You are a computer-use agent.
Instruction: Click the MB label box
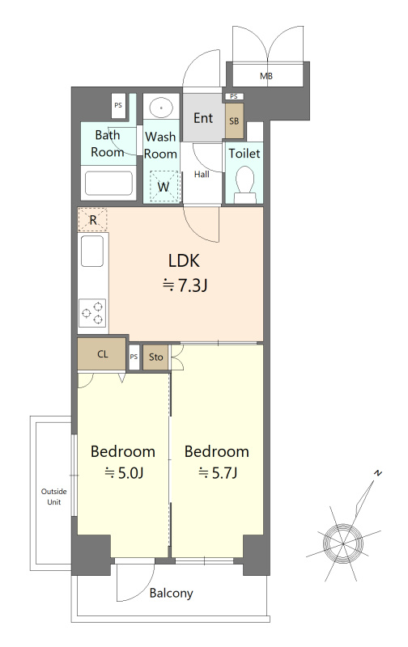click(266, 74)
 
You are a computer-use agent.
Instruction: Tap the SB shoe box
click(234, 121)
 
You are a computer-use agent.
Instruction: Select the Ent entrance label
click(203, 118)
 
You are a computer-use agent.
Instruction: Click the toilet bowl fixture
click(244, 184)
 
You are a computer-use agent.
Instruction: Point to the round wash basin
click(161, 108)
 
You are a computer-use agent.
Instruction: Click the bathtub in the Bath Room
click(108, 184)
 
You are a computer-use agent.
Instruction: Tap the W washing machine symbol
click(163, 187)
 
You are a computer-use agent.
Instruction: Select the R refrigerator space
click(93, 219)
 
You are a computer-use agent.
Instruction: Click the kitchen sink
click(92, 251)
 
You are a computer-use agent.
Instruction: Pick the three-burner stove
click(92, 313)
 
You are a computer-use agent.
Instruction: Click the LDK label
click(185, 260)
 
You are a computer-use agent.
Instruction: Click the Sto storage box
click(155, 357)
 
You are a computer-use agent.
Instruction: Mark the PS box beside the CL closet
click(134, 357)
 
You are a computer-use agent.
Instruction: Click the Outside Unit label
click(54, 497)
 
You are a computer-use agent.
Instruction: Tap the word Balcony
click(172, 594)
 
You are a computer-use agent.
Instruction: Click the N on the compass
click(377, 473)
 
